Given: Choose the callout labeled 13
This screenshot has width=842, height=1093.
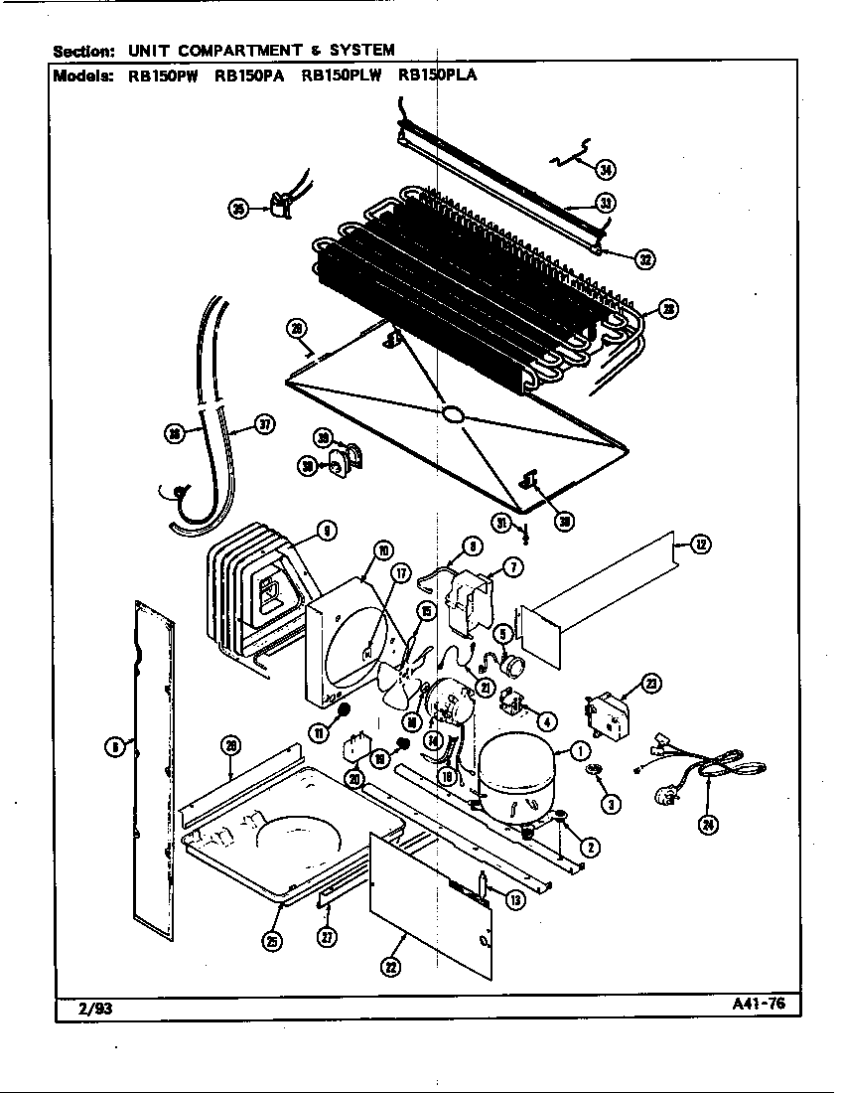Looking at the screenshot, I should pos(515,900).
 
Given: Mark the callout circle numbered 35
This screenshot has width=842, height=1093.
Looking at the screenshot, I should pos(238,208).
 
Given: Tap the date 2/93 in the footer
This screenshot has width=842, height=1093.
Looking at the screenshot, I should pos(76,1007).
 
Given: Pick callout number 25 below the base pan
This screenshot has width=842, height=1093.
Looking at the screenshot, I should pos(271,941).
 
